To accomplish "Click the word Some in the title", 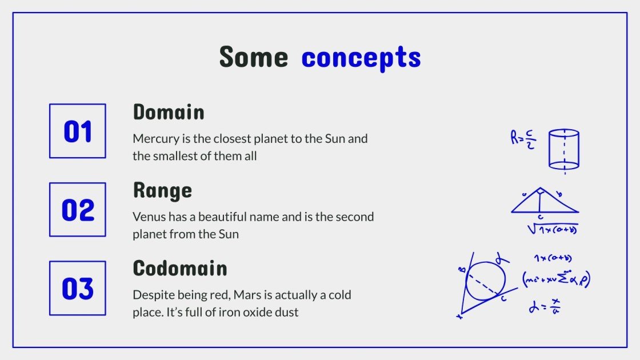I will tap(253, 57).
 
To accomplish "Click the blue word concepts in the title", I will tap(361, 58).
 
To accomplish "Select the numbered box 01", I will tap(78, 131).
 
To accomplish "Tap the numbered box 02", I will tap(78, 210).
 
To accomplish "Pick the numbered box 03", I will tap(78, 288).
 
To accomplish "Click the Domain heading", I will tap(169, 112).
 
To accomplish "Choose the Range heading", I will tap(162, 190).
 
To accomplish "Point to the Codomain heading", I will tap(180, 269).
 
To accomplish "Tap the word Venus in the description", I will tap(147, 217).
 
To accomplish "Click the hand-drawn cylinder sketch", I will tap(564, 149).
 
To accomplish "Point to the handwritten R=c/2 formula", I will tap(523, 139).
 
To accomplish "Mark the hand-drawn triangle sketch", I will tap(544, 201).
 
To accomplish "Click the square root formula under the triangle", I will tap(552, 229).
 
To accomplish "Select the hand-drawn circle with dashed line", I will tap(485, 281).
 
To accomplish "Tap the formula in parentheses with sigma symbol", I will tap(556, 278).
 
